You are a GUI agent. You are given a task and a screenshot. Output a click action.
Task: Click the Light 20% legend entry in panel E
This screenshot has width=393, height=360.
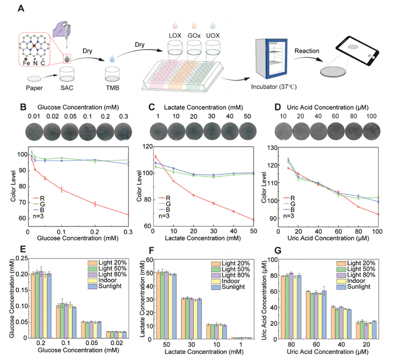pos(106,262)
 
